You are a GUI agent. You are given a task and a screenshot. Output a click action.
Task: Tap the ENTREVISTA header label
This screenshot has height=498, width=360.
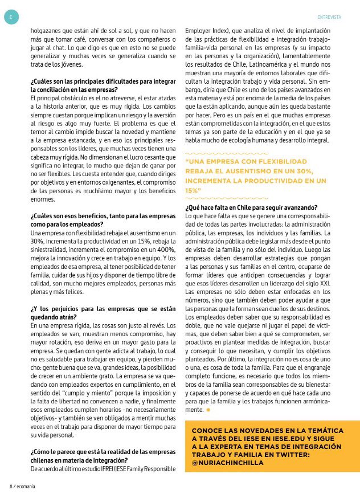329,17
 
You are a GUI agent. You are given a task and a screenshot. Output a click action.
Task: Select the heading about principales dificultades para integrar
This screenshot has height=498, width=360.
103,85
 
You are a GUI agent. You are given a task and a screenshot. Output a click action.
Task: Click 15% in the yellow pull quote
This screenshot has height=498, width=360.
193,190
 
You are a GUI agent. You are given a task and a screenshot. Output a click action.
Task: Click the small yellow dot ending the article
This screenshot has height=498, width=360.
208,410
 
